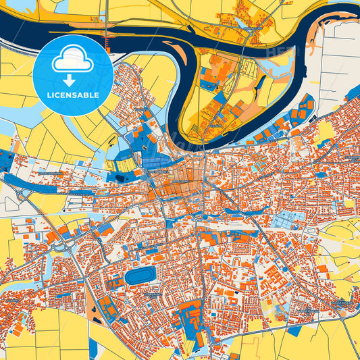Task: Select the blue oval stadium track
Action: (x=140, y=276)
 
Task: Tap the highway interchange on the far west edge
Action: (x=24, y=195)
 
